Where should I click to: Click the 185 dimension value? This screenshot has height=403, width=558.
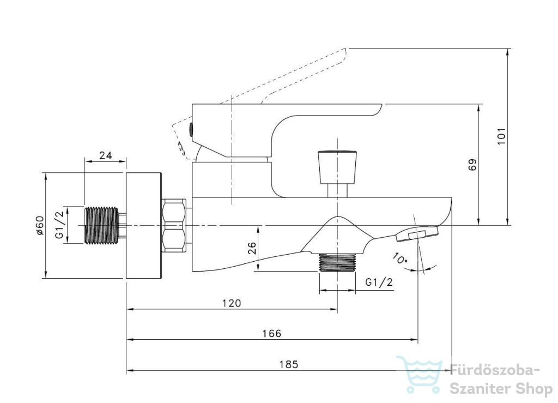(x=289, y=364)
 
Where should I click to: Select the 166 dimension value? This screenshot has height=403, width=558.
(x=272, y=333)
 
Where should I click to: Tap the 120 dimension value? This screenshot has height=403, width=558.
(x=232, y=303)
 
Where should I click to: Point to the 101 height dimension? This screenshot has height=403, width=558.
(x=501, y=136)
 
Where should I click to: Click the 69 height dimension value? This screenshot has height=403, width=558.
(x=472, y=165)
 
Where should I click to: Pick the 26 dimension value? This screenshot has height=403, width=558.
(x=252, y=248)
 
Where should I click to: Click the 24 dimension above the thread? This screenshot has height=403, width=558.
(x=105, y=155)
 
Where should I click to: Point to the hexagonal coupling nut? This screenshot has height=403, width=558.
(x=174, y=226)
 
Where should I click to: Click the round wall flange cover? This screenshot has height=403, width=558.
(x=144, y=225)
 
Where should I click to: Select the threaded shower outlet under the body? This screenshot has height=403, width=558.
(x=337, y=263)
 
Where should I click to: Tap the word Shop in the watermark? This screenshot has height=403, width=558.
(x=533, y=388)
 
